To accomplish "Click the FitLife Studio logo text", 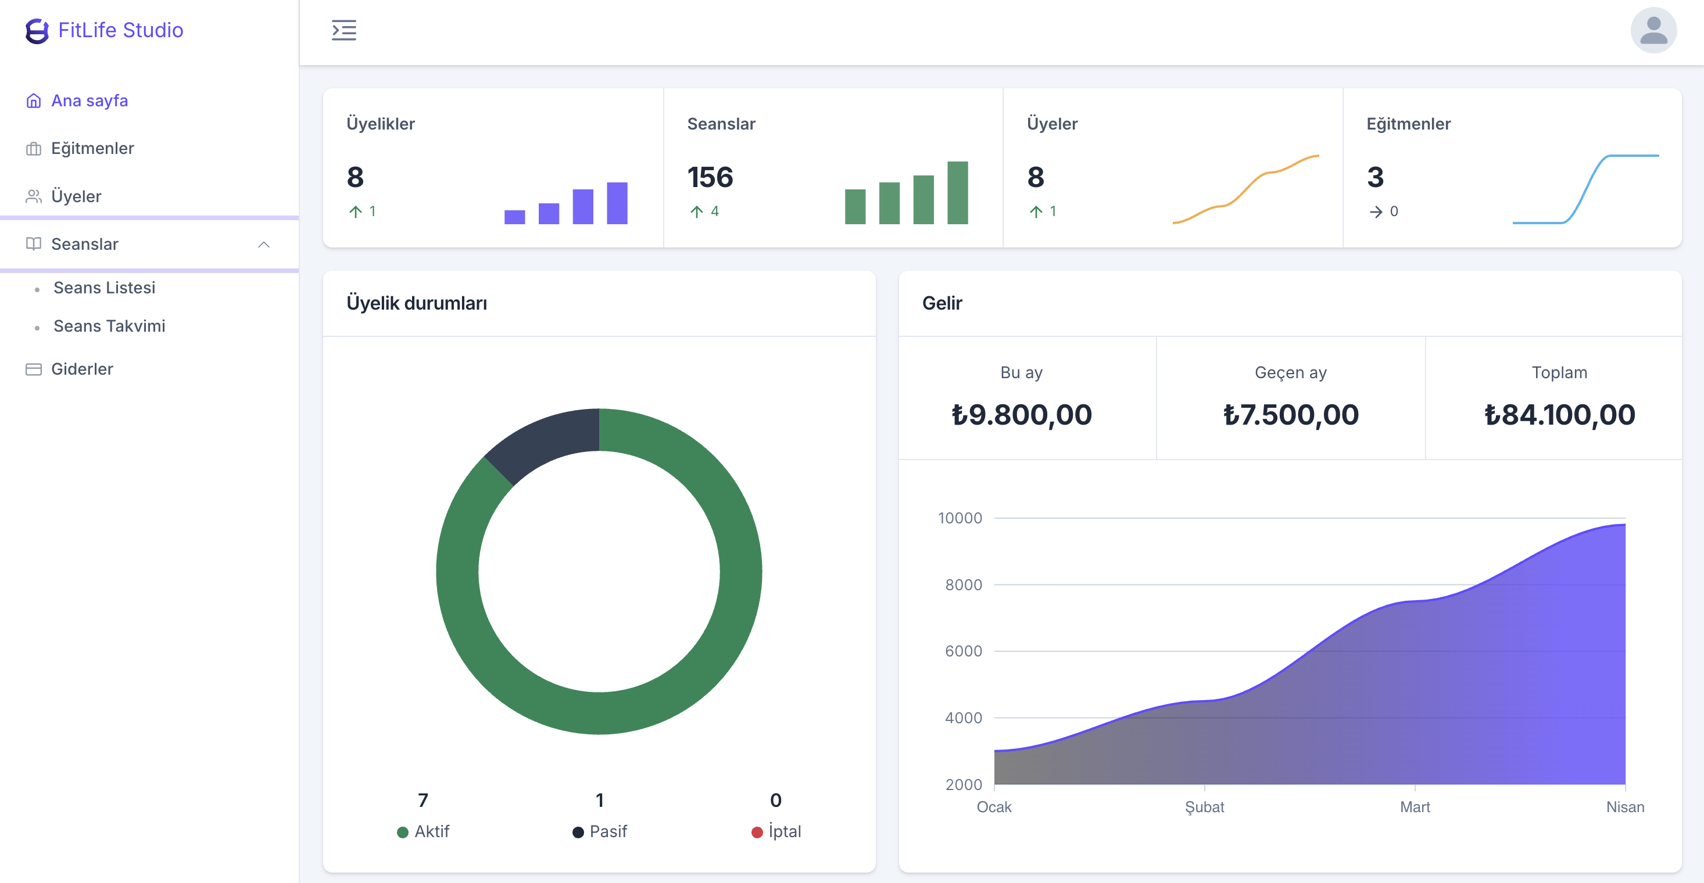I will pyautogui.click(x=120, y=30).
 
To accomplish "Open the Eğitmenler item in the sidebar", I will pyautogui.click(x=92, y=148).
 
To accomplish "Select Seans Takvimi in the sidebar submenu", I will pyautogui.click(x=109, y=326).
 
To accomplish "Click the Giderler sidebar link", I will pyautogui.click(x=82, y=369).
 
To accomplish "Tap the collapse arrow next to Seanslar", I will pyautogui.click(x=263, y=245).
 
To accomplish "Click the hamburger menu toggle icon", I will pyautogui.click(x=343, y=30).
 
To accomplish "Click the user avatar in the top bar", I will pyautogui.click(x=1652, y=30).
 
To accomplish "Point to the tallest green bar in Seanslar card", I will pyautogui.click(x=957, y=192).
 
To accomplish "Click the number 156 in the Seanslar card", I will pyautogui.click(x=710, y=177).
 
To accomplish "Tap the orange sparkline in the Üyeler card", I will pyautogui.click(x=1246, y=189).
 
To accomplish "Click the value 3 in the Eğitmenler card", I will pyautogui.click(x=1374, y=177).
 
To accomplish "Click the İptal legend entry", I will pyautogui.click(x=776, y=831).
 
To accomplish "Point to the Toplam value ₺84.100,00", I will pyautogui.click(x=1559, y=415).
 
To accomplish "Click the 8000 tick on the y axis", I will pyautogui.click(x=963, y=585).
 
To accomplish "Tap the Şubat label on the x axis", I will pyautogui.click(x=1204, y=807).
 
